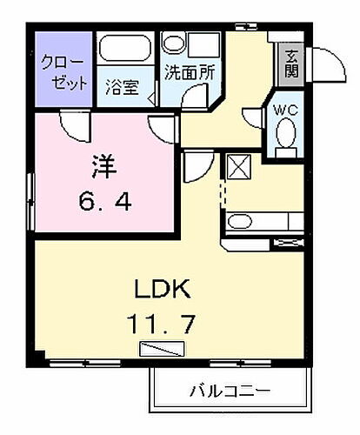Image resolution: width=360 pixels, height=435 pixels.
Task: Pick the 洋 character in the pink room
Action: pos(103,164)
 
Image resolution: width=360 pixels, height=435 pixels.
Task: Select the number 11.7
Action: pos(162,325)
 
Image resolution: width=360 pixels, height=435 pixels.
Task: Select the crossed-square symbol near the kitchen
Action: pos(237,164)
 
